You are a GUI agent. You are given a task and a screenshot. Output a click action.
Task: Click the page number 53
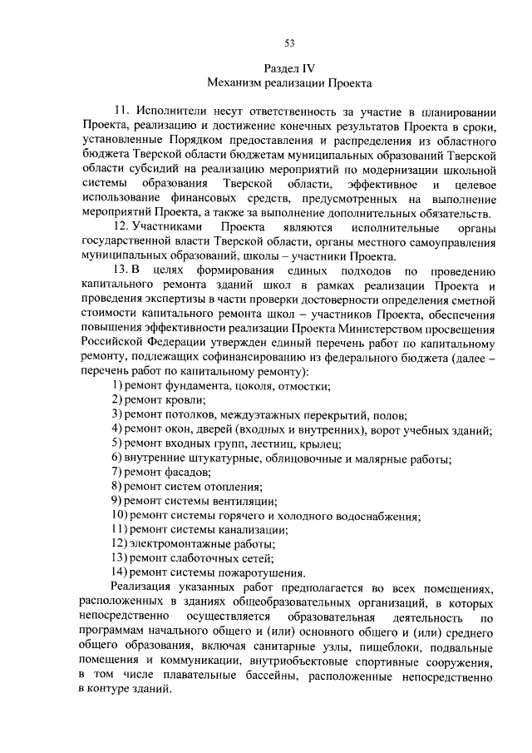point(289,44)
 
